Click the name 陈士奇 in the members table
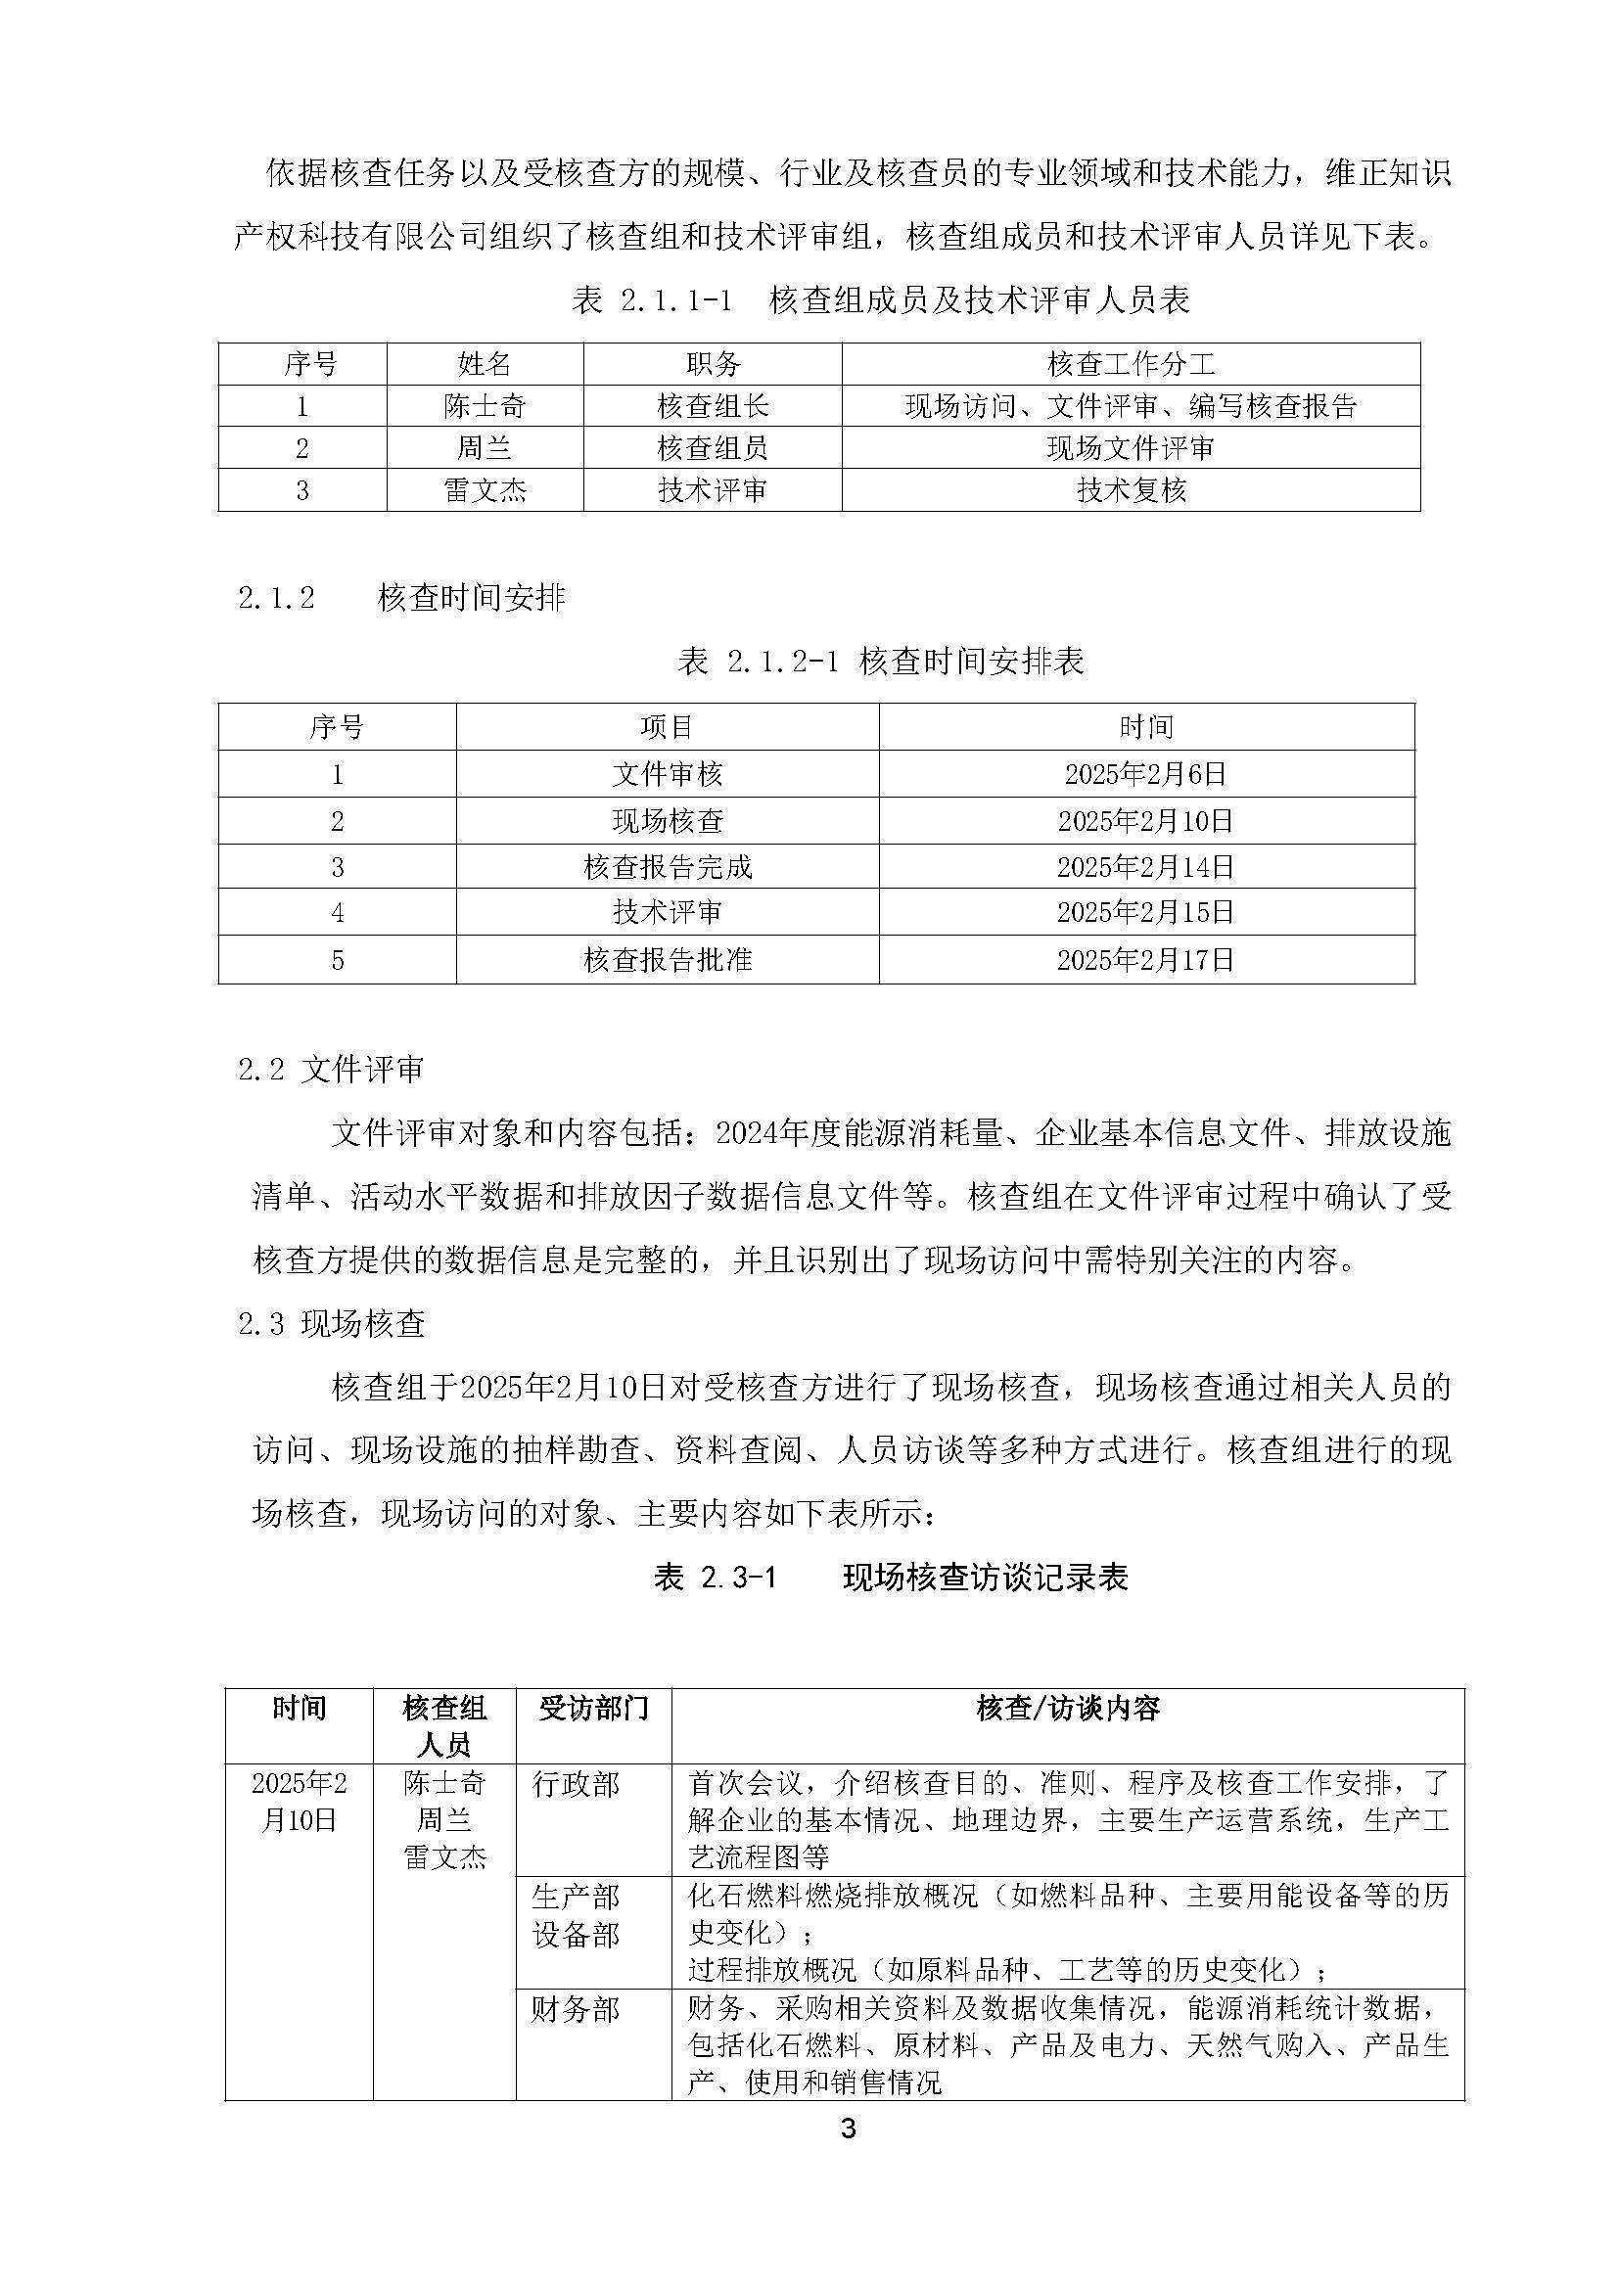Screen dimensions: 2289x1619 pyautogui.click(x=484, y=407)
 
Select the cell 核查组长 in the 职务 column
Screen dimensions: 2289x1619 pyautogui.click(x=712, y=407)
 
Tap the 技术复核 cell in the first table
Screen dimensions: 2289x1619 pyautogui.click(x=1131, y=490)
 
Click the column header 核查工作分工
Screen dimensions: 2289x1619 pyautogui.click(x=1131, y=364)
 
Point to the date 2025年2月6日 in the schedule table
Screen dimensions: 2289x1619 pyautogui.click(x=1145, y=774)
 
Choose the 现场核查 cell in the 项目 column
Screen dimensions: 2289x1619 pyautogui.click(x=667, y=821)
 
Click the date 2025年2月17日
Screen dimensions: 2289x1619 pyautogui.click(x=1145, y=960)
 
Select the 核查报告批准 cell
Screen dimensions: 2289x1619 pyautogui.click(x=667, y=960)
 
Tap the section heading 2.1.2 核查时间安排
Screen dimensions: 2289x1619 pyautogui.click(x=401, y=598)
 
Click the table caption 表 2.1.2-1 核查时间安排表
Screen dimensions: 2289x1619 pyautogui.click(x=880, y=661)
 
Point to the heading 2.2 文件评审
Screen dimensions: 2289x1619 pyautogui.click(x=331, y=1070)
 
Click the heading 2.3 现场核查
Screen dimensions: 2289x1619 pyautogui.click(x=331, y=1324)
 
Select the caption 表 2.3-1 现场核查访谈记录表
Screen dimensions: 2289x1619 pyautogui.click(x=890, y=1578)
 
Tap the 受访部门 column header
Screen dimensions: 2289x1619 pyautogui.click(x=593, y=1709)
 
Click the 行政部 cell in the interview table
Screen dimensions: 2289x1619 pyautogui.click(x=577, y=1785)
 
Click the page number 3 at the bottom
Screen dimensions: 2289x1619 pyautogui.click(x=849, y=2129)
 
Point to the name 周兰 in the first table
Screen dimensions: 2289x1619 pyautogui.click(x=484, y=448)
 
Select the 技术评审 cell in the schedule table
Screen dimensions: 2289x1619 pyautogui.click(x=667, y=912)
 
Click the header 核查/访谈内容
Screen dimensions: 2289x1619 pyautogui.click(x=1068, y=1709)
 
